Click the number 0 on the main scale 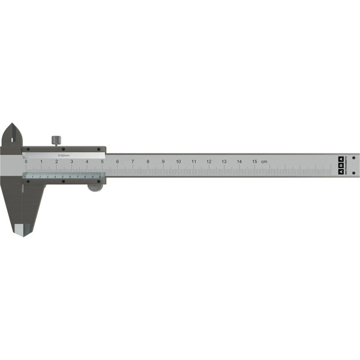click(26, 161)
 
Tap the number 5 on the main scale click(103, 161)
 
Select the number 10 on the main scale click(178, 161)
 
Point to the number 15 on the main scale click(254, 161)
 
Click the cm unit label click(264, 161)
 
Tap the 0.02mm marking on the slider click(63, 155)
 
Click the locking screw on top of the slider click(56, 140)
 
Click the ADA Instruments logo click(340, 166)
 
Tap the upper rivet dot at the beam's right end click(353, 158)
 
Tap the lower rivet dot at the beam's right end click(353, 173)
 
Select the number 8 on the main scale click(148, 161)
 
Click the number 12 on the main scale click(209, 161)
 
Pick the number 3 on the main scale click(71, 161)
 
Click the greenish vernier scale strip click(63, 176)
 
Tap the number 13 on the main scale click(224, 161)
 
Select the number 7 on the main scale click(133, 161)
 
